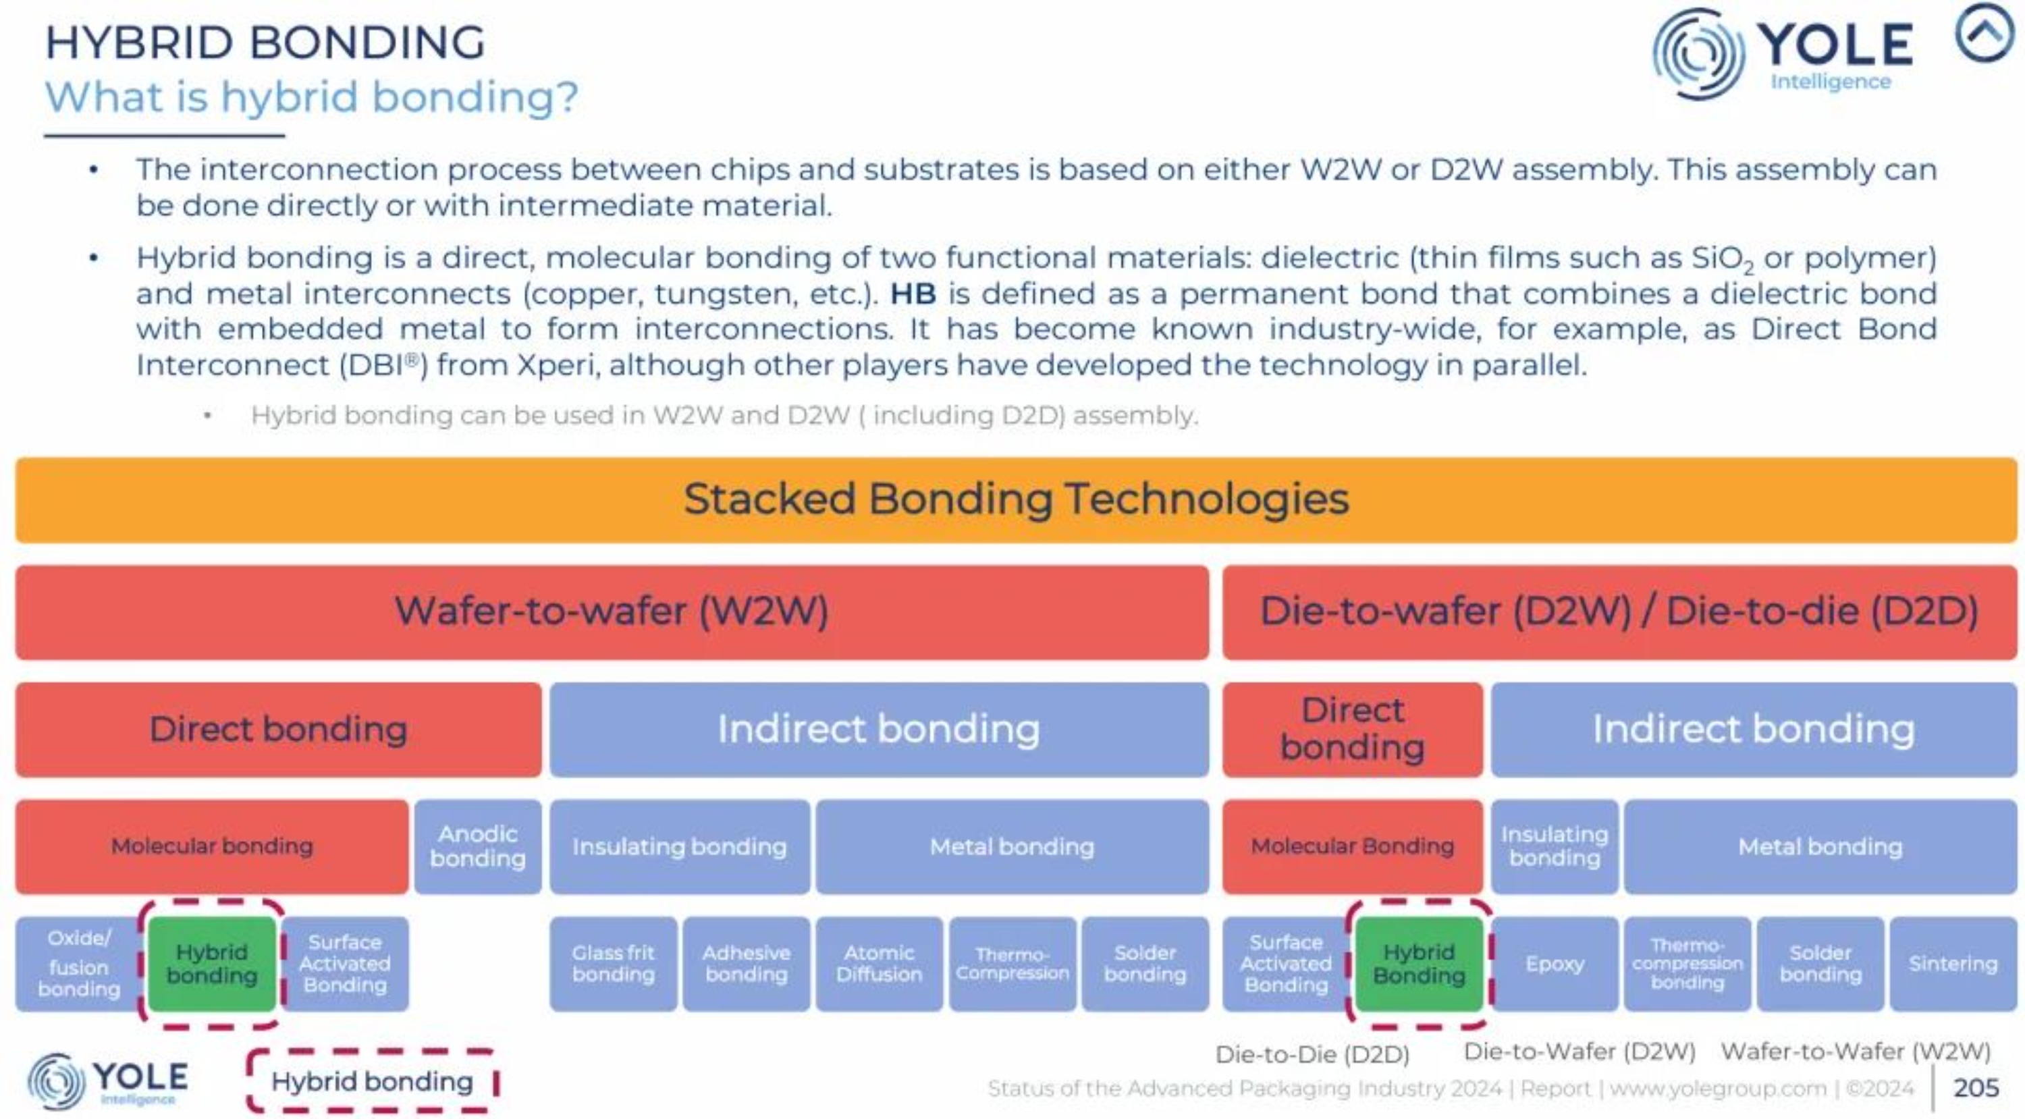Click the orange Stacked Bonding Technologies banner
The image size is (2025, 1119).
click(1016, 500)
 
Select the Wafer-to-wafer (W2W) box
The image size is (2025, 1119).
click(612, 612)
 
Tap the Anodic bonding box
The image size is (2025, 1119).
click(478, 846)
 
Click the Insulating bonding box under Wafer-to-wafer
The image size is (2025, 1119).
click(680, 846)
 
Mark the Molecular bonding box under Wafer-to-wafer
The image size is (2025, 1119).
click(212, 846)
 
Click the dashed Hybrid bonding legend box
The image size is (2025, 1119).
click(372, 1081)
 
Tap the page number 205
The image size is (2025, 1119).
click(1976, 1087)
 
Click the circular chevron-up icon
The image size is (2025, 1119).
click(1986, 33)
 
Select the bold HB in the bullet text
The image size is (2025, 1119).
click(913, 294)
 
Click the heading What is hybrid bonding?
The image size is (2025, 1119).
click(311, 97)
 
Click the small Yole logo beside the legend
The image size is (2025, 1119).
click(108, 1081)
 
